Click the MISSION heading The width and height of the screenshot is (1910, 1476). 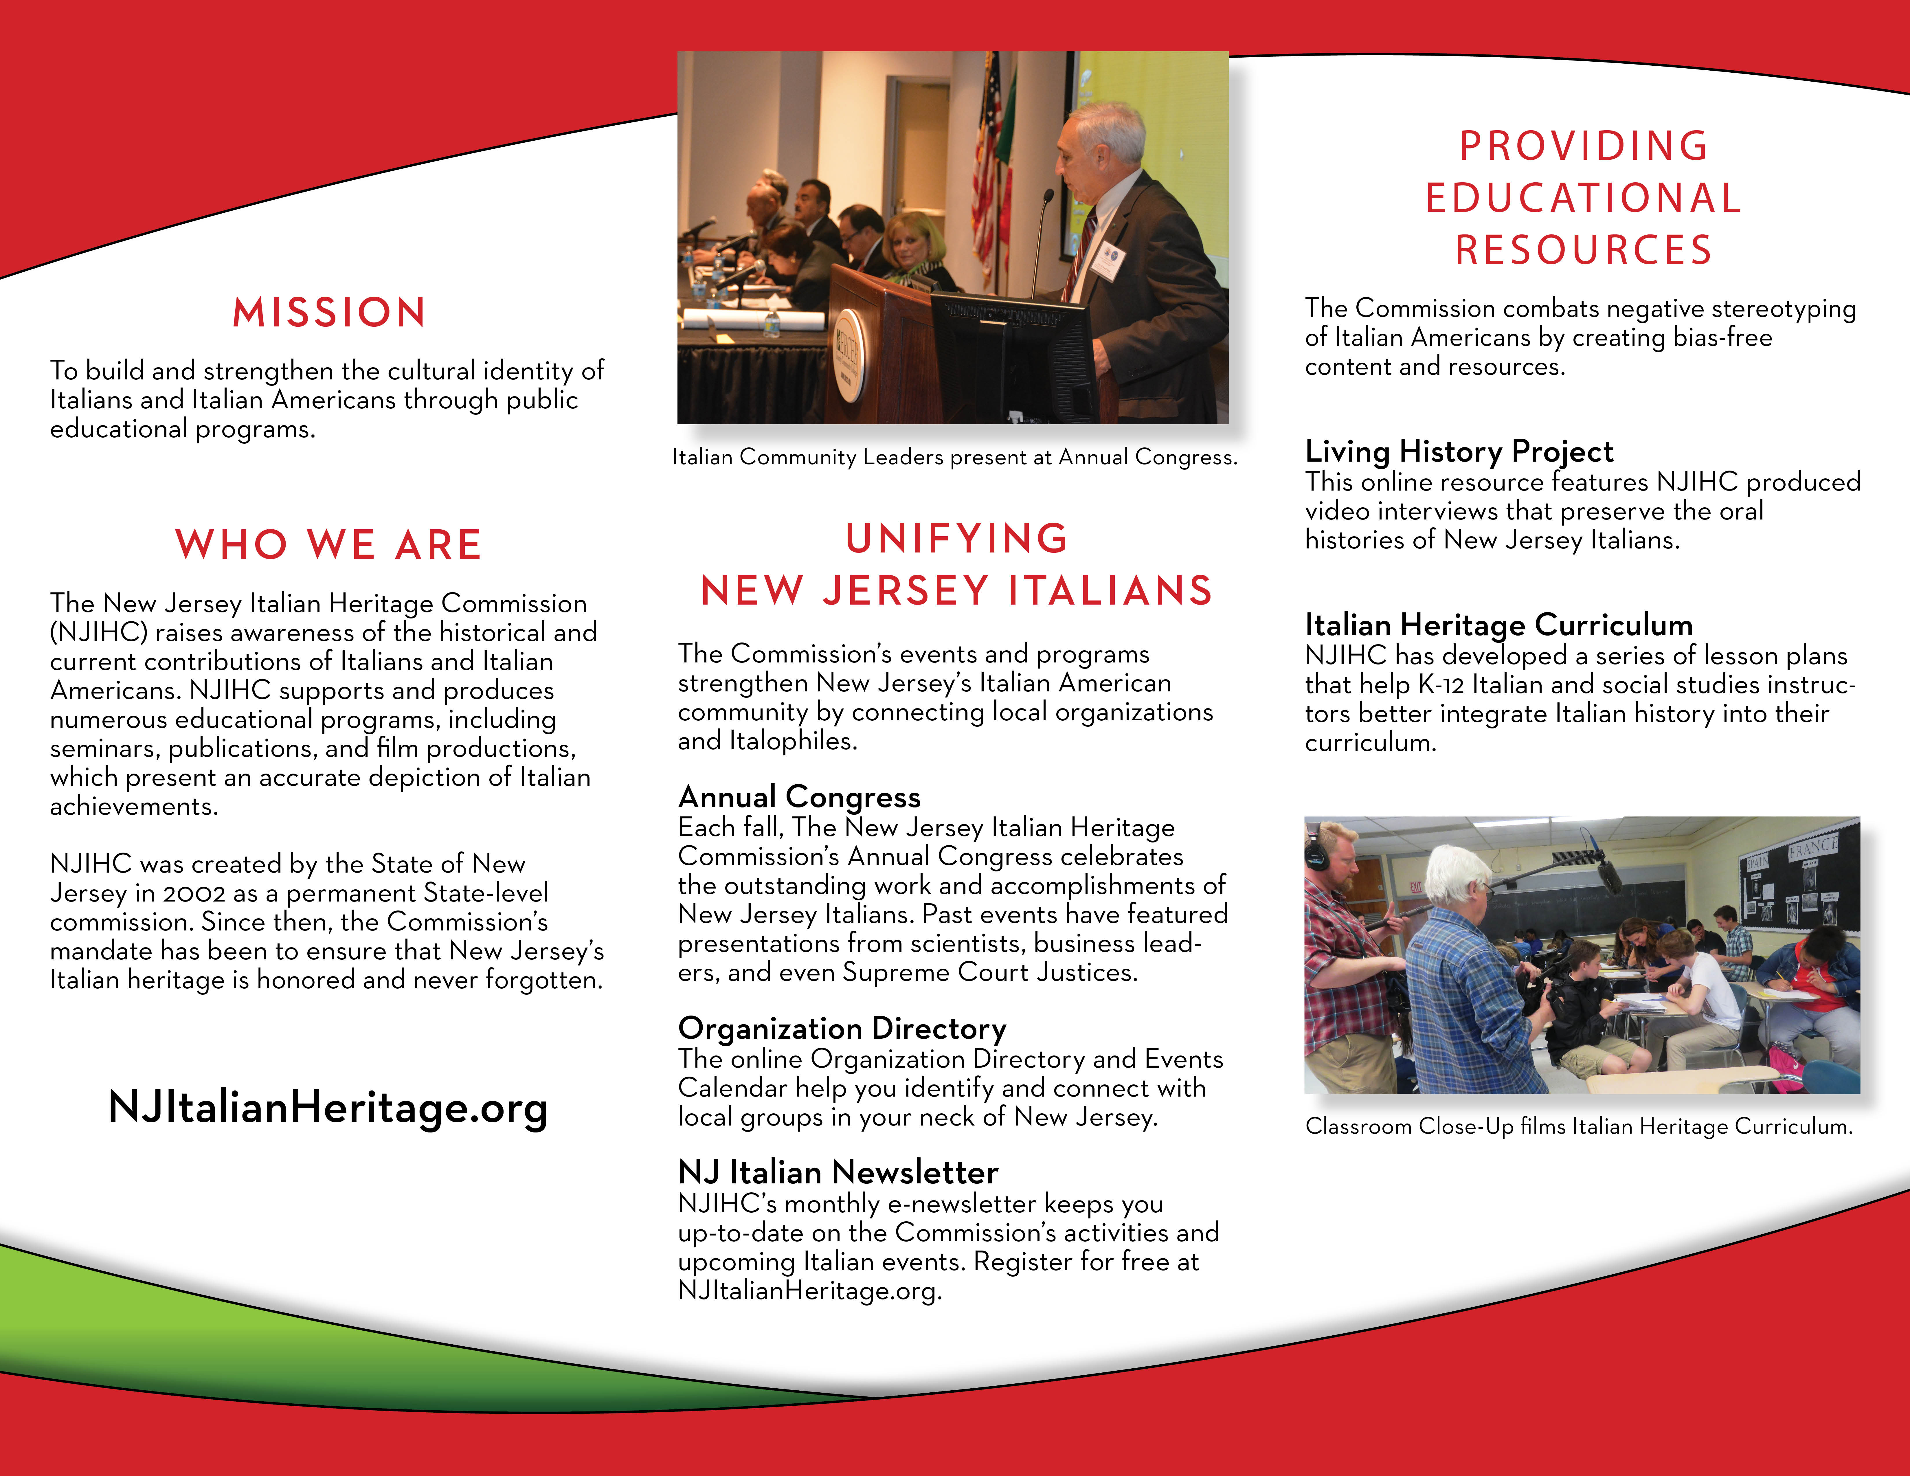[x=329, y=312]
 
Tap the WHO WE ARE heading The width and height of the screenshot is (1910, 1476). [x=329, y=545]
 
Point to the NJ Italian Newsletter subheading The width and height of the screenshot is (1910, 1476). [x=838, y=1172]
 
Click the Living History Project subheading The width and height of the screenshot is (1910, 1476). [x=1459, y=451]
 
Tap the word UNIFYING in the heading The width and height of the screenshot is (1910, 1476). [x=957, y=539]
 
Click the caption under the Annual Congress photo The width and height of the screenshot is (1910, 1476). [x=954, y=457]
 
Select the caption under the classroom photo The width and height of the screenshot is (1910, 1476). [x=1579, y=1126]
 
